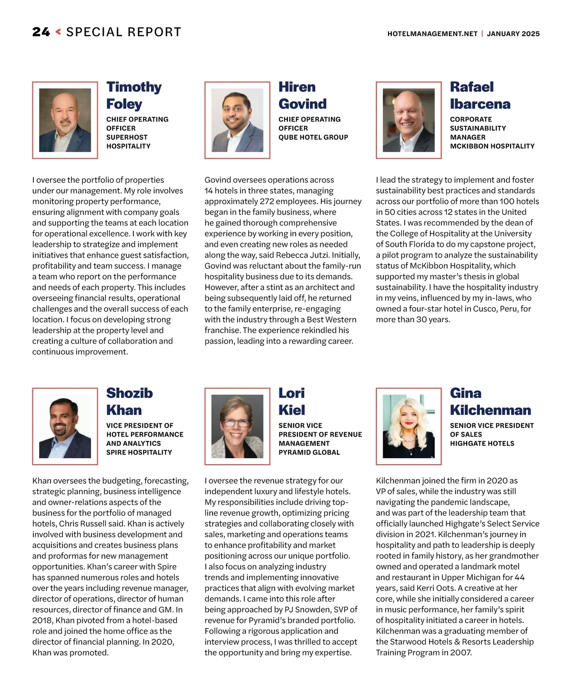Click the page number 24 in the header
click(41, 32)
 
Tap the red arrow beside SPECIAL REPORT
click(58, 32)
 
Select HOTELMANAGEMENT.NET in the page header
click(432, 34)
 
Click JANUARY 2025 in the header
click(513, 34)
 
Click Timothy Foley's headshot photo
click(65, 120)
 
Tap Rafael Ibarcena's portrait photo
click(409, 120)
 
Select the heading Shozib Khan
click(129, 401)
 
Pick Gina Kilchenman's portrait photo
click(409, 426)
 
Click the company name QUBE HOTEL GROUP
click(313, 137)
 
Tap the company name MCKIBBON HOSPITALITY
click(492, 146)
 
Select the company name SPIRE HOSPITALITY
click(139, 452)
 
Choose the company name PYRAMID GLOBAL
click(309, 452)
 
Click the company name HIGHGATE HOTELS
click(482, 443)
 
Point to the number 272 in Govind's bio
click(269, 202)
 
